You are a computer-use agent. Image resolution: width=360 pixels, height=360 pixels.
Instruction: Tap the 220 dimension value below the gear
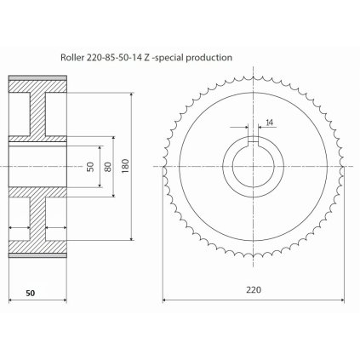[x=254, y=290]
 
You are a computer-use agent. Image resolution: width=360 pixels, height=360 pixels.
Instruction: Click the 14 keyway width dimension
[x=269, y=123]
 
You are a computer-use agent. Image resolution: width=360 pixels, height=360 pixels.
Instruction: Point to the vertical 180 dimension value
[x=125, y=166]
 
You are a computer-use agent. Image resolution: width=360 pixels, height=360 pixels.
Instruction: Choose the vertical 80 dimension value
[x=108, y=167]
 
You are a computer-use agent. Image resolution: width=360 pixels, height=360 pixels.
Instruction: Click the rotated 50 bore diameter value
[x=90, y=167]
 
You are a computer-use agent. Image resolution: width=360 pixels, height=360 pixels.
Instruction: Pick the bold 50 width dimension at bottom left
[x=31, y=293]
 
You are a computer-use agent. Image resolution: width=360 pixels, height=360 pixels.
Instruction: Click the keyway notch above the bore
[x=253, y=139]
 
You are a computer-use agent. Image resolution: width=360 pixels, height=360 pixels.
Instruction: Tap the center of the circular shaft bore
[x=253, y=166]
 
